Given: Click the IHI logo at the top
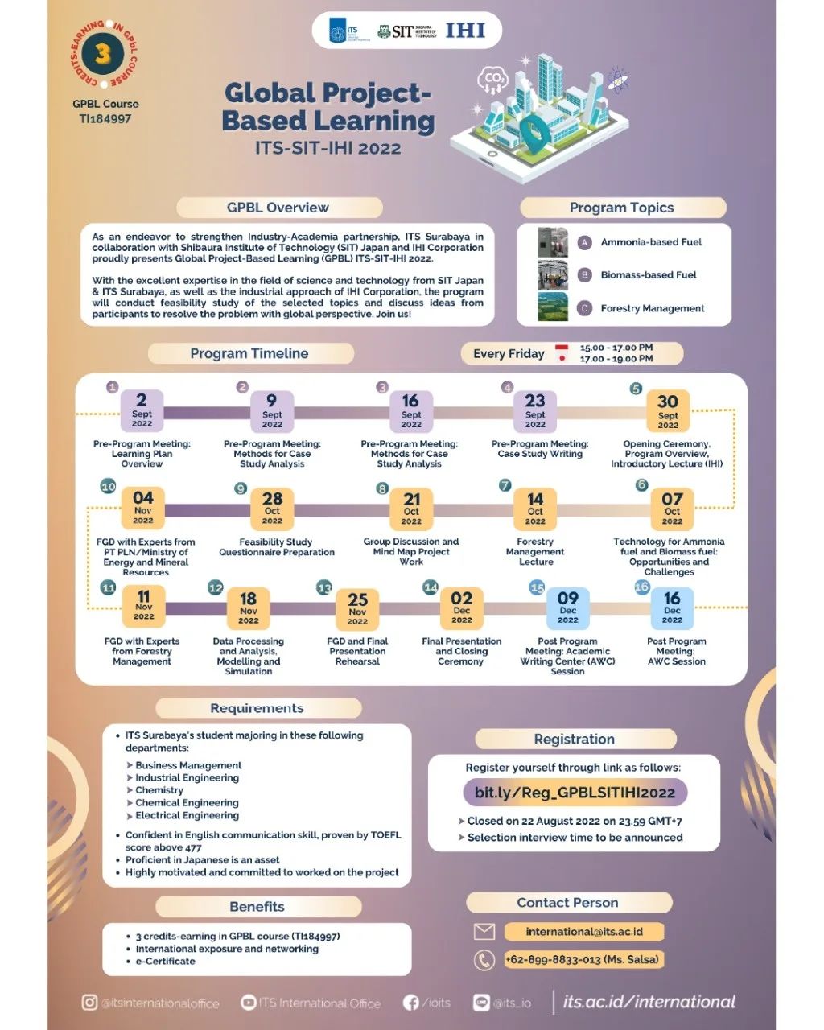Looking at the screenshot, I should point(465,31).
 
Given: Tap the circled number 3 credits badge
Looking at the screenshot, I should point(102,55).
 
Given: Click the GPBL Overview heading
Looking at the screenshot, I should point(278,208).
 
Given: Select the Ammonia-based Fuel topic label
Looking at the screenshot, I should point(651,241).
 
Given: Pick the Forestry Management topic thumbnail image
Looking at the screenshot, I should point(553,307).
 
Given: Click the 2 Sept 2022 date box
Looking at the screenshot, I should point(142,410).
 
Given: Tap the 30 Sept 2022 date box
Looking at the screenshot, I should point(668,410).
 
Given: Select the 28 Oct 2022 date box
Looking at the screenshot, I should point(272,509).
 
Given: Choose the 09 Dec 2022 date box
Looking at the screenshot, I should point(568,608).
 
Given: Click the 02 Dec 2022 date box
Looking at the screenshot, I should point(462,608).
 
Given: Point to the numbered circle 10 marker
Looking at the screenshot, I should point(108,486).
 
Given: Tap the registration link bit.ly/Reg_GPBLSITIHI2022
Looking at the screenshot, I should point(575,793).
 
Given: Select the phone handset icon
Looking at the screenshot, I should point(484,959).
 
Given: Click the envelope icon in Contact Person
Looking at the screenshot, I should point(484,932).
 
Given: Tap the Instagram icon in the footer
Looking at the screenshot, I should point(89,1003).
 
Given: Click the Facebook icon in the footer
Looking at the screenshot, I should point(411,1003).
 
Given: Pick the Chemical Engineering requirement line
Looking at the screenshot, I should point(187,802).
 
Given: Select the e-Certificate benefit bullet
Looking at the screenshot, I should point(165,961).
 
